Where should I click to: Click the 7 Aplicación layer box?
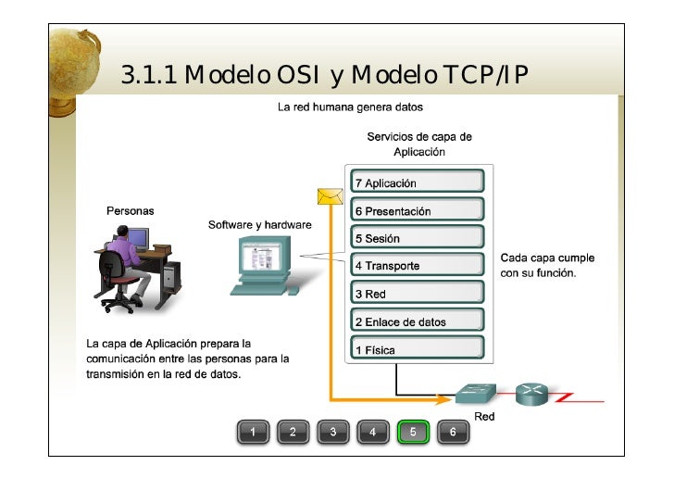tap(417, 182)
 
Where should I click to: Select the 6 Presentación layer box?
tap(417, 210)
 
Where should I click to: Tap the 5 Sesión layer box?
tap(417, 238)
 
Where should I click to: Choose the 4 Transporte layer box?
tap(417, 266)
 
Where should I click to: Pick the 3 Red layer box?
tap(417, 294)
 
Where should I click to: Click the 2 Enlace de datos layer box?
tap(417, 321)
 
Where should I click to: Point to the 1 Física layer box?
tap(417, 350)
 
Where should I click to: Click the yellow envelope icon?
tap(331, 195)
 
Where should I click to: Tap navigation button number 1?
tap(253, 432)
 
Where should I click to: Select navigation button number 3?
tap(332, 432)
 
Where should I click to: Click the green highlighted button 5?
tap(413, 432)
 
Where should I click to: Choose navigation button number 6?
tap(453, 432)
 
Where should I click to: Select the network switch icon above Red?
tap(476, 393)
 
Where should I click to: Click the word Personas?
tap(131, 211)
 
